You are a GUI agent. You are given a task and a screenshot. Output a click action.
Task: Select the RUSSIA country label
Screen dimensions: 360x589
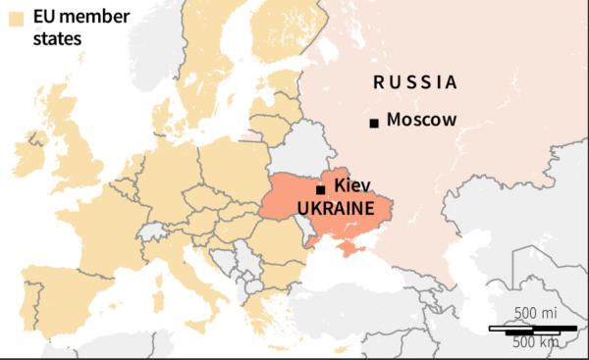pyautogui.click(x=415, y=82)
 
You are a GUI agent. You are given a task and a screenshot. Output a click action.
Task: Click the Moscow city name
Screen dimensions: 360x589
pyautogui.click(x=422, y=121)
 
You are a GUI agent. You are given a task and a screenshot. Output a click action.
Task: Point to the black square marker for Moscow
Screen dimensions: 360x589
pyautogui.click(x=373, y=123)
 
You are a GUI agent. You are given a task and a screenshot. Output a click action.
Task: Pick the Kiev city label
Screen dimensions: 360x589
pyautogui.click(x=351, y=185)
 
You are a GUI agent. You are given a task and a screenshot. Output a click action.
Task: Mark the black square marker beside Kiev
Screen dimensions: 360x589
pyautogui.click(x=320, y=189)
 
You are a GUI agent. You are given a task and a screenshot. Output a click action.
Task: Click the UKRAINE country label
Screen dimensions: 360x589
pyautogui.click(x=335, y=209)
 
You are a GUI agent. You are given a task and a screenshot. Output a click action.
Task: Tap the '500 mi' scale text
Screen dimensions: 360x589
pyautogui.click(x=538, y=313)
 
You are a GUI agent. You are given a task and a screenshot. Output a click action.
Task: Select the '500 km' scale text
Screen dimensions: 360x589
pyautogui.click(x=535, y=341)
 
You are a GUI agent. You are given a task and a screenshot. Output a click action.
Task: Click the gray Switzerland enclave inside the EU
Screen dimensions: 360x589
pyautogui.click(x=151, y=231)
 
